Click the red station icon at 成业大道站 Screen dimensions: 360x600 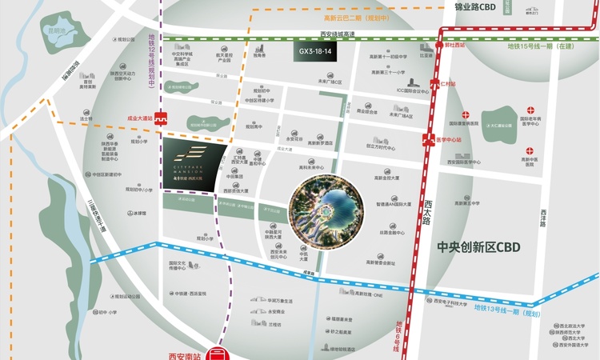[x=161, y=118]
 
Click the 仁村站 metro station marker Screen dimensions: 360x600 [x=436, y=83]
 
